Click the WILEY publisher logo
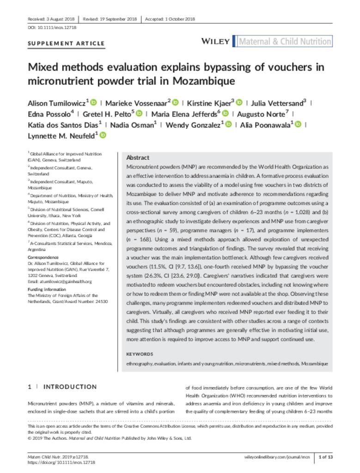pos(215,42)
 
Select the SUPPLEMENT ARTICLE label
pos(66,44)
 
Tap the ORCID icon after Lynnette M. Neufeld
pos(103,135)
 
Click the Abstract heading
pos(137,158)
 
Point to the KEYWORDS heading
pos(139,354)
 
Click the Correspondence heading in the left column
pos(43,257)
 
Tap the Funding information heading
pos(47,290)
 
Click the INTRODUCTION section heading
pos(70,387)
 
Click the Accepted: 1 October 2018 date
pos(170,19)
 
